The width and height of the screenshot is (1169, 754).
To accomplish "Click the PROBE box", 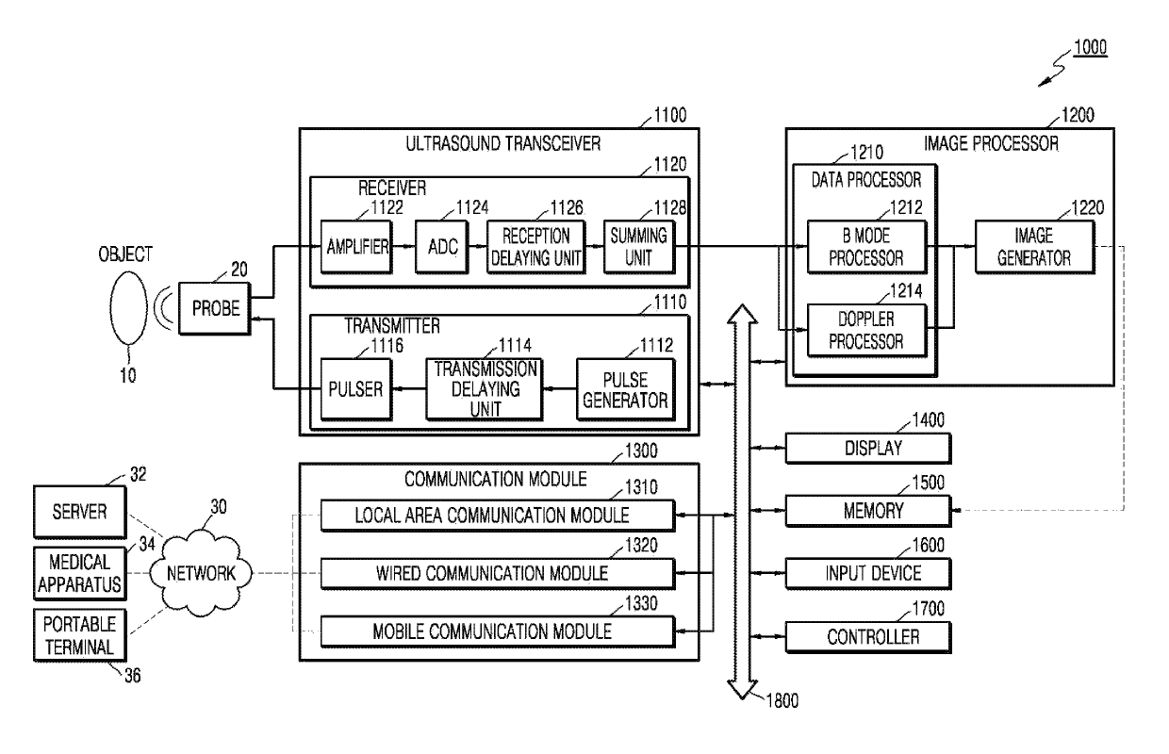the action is click(215, 308).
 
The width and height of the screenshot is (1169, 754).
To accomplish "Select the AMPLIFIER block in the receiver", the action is click(356, 247).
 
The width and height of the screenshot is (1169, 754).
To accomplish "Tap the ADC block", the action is click(441, 247).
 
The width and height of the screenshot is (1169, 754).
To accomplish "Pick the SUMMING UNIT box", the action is click(639, 247).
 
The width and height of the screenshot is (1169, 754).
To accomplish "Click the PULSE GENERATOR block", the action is click(626, 389).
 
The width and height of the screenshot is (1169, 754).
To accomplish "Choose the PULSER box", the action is click(356, 389).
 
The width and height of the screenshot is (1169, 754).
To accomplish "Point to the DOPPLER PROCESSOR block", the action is click(866, 331).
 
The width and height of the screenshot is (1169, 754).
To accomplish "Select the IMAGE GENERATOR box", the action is click(1035, 247).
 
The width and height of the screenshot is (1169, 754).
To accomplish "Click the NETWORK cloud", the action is click(201, 573).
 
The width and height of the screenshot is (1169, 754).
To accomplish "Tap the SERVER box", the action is click(80, 512).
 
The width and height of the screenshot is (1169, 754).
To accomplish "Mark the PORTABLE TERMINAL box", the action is click(80, 635).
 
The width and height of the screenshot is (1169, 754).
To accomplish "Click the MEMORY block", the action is click(868, 511).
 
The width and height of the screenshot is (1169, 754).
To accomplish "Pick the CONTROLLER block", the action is click(868, 637).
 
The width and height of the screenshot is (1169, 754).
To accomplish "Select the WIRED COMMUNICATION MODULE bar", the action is click(498, 574).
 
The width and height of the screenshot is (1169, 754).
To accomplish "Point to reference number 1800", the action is click(782, 701).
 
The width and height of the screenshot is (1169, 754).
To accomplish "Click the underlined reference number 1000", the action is click(1090, 48).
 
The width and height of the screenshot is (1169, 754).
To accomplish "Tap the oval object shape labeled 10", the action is click(129, 308).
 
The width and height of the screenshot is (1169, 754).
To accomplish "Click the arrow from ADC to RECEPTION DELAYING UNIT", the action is click(478, 246).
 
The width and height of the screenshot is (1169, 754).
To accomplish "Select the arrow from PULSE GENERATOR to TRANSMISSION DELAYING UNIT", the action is click(559, 388).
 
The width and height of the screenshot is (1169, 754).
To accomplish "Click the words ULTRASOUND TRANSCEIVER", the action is click(503, 143).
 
